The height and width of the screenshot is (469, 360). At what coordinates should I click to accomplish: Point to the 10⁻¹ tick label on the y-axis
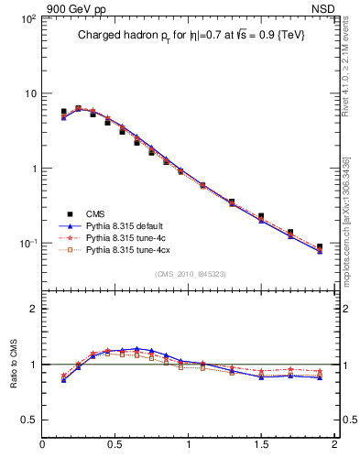click(27, 244)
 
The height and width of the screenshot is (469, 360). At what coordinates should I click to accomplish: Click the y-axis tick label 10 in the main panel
click(30, 93)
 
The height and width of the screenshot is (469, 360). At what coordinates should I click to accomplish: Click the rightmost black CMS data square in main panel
click(320, 246)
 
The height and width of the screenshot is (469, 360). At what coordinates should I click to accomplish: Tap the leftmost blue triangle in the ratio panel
click(63, 379)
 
